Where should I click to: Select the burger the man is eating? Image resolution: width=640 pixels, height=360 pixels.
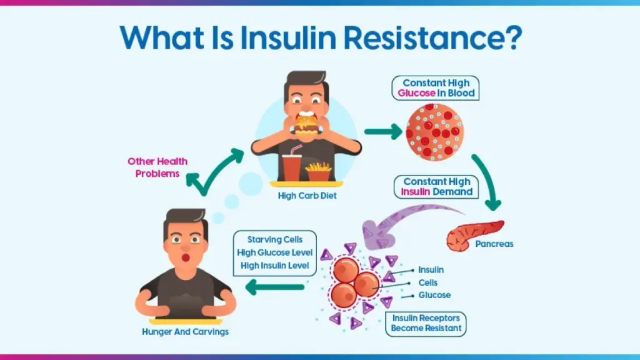pyautogui.click(x=306, y=124)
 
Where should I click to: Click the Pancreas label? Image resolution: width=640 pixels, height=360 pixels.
pyautogui.click(x=494, y=244)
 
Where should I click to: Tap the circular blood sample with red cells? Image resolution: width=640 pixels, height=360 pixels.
pyautogui.click(x=435, y=131)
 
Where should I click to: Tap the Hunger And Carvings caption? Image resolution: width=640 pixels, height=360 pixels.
pyautogui.click(x=185, y=331)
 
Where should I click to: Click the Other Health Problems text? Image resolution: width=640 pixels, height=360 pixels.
pyautogui.click(x=157, y=167)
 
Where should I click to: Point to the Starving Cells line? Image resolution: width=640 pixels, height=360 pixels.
pyautogui.click(x=274, y=239)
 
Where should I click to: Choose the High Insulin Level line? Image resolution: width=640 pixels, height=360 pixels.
pyautogui.click(x=274, y=266)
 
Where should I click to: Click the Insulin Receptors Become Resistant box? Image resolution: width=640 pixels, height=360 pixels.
pyautogui.click(x=426, y=323)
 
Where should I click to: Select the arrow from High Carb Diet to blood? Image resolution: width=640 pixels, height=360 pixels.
pyautogui.click(x=382, y=132)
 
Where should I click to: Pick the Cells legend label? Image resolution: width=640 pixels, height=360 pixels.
pyautogui.click(x=428, y=282)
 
